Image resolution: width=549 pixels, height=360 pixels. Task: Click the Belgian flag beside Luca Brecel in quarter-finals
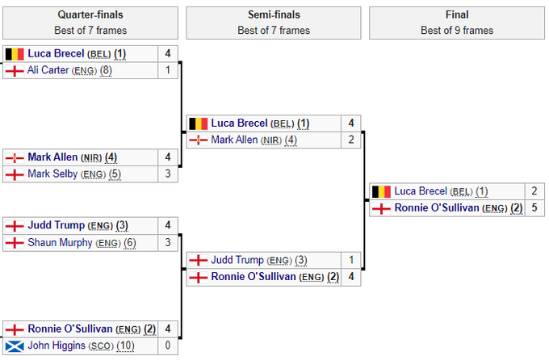15,54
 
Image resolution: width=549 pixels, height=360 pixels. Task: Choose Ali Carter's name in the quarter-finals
48,70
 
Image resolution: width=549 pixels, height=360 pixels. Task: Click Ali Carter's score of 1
167,70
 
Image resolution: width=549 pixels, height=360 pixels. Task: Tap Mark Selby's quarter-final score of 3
167,174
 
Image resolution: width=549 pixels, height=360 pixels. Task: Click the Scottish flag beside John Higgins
15,346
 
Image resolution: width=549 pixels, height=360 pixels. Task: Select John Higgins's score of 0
167,346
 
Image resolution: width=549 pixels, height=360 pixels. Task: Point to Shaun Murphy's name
61,242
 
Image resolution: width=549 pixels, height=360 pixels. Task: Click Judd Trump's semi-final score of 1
351,261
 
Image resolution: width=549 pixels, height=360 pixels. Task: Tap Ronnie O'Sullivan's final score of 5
534,208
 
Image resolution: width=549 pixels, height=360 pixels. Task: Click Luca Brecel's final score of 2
534,192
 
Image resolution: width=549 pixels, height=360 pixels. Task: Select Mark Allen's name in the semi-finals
234,140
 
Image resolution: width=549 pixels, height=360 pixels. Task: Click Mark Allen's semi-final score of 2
351,140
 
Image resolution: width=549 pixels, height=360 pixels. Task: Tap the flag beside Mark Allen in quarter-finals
15,157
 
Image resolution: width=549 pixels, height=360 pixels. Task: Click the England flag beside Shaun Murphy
15,242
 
